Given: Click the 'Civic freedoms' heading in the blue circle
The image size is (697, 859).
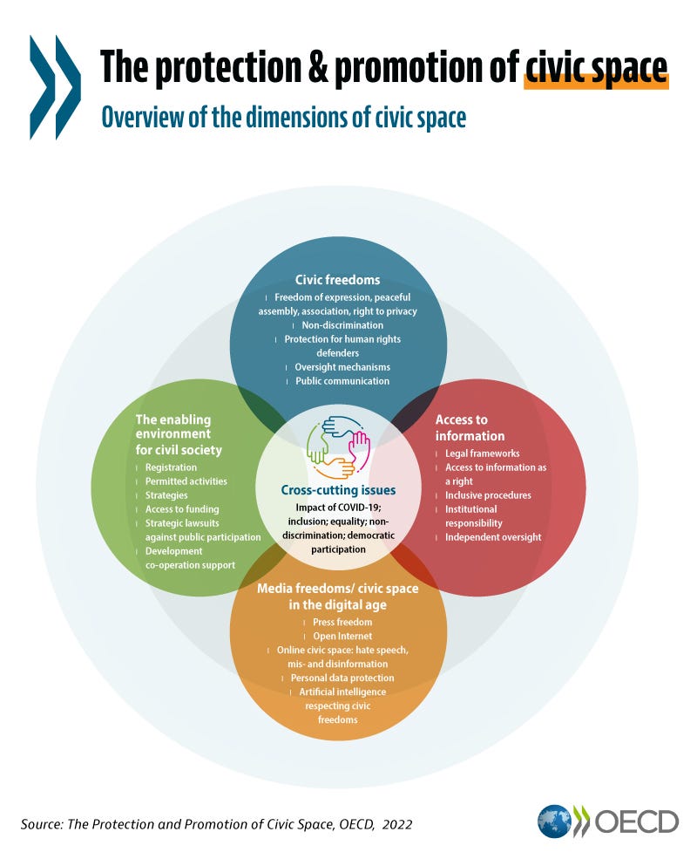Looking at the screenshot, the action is click(337, 280).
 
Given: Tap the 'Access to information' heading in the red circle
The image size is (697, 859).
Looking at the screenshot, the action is click(470, 428).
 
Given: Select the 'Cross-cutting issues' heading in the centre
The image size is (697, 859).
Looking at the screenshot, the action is click(338, 490).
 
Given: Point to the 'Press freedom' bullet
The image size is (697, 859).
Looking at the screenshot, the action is click(342, 623).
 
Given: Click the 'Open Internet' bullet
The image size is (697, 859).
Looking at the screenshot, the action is click(342, 636).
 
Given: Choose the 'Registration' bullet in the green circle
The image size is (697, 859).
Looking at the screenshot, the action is click(171, 467).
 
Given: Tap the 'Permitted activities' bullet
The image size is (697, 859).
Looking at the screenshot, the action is click(186, 481).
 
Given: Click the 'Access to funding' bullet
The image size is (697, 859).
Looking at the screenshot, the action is click(181, 509).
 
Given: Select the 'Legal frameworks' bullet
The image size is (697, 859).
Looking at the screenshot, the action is click(482, 453).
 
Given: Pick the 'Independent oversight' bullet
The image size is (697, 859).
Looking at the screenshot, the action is click(493, 537).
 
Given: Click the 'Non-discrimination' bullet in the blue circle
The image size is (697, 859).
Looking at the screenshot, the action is click(342, 325).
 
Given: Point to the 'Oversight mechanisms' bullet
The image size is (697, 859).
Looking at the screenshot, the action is click(342, 368).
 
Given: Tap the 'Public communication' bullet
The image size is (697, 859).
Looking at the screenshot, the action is click(342, 381).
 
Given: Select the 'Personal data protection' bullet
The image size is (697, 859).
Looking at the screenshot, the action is click(342, 678).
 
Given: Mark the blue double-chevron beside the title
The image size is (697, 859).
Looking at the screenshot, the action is click(55, 87).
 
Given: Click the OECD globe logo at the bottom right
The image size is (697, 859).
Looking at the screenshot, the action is click(553, 822).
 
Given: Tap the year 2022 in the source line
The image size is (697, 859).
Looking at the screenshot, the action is click(397, 824).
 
